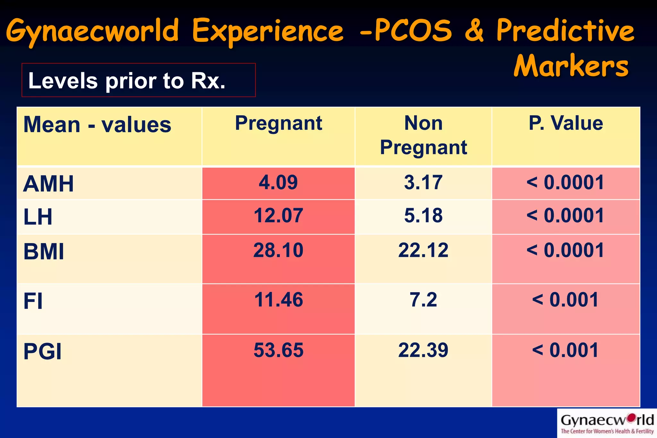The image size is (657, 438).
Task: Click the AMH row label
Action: [x=48, y=184]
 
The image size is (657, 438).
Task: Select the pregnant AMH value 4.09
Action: [x=278, y=182]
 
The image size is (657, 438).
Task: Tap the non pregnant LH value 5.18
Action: [x=423, y=215]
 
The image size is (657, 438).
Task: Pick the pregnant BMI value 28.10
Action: [x=278, y=250]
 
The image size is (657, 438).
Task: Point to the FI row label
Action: [x=33, y=301]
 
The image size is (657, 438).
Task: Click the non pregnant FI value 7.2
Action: [x=423, y=300]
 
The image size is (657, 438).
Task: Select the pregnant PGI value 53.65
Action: [x=278, y=350]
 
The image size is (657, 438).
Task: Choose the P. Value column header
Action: [x=566, y=123]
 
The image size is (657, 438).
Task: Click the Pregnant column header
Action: [x=278, y=123]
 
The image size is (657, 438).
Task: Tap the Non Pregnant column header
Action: [x=423, y=135]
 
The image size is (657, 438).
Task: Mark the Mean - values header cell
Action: [x=97, y=125]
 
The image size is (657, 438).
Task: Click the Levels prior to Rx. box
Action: [x=138, y=80]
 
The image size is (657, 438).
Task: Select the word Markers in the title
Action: [x=571, y=66]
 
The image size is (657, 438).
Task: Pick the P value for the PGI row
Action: [x=566, y=350]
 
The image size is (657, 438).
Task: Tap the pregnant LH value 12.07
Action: [x=278, y=215]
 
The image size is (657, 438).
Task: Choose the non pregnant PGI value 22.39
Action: [x=423, y=350]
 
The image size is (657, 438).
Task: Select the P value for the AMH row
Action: [x=566, y=182]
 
